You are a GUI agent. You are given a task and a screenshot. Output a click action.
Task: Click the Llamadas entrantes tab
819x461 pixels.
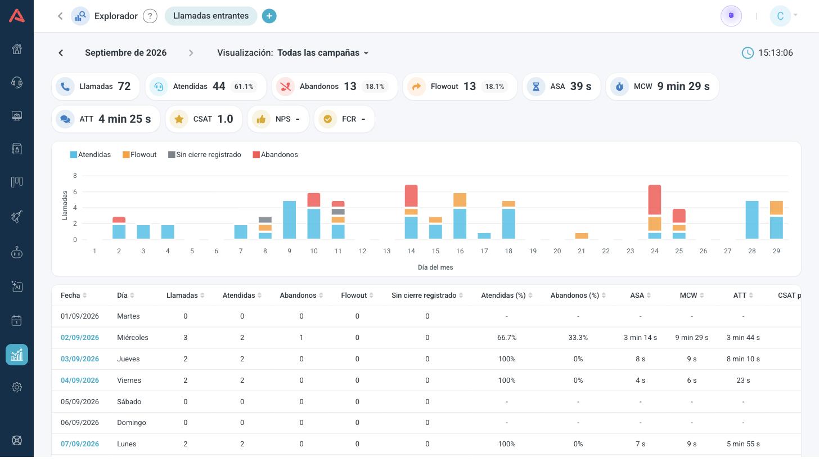click(x=211, y=16)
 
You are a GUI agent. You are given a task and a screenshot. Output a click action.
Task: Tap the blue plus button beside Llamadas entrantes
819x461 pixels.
click(x=269, y=16)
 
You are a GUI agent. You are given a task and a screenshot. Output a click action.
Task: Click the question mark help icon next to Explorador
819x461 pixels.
click(x=150, y=16)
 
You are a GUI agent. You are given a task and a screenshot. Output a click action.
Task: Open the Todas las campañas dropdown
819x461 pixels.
click(x=323, y=53)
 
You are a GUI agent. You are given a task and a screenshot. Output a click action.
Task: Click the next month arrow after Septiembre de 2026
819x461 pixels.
click(x=191, y=53)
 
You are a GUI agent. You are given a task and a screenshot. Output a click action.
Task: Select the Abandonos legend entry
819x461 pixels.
click(x=275, y=155)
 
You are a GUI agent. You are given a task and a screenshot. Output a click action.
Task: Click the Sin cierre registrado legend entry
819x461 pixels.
click(x=204, y=155)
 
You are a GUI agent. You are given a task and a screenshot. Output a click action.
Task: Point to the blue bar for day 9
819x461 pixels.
click(x=289, y=220)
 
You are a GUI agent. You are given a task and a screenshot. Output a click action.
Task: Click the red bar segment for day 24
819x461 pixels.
click(x=655, y=200)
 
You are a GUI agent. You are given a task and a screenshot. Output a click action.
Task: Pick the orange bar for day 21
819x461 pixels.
click(x=582, y=236)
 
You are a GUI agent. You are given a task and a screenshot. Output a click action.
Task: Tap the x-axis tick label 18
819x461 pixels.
click(x=508, y=251)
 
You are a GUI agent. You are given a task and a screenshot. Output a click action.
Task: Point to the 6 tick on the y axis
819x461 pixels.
click(x=75, y=192)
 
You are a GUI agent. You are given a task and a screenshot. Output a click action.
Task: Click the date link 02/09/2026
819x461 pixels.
click(x=80, y=337)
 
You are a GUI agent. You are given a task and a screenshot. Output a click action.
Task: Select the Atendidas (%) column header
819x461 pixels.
click(x=503, y=296)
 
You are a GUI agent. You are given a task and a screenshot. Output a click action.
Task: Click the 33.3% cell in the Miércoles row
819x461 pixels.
click(x=578, y=337)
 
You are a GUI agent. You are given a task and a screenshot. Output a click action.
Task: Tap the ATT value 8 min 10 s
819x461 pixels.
click(x=743, y=359)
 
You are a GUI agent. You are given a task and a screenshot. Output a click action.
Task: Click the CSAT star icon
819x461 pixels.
click(x=179, y=119)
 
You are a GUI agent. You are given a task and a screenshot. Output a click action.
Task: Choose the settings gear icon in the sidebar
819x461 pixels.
click(x=17, y=387)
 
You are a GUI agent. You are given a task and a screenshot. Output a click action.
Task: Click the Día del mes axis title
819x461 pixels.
click(x=435, y=267)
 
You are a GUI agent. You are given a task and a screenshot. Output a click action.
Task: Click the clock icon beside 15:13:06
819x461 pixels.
click(x=748, y=53)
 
